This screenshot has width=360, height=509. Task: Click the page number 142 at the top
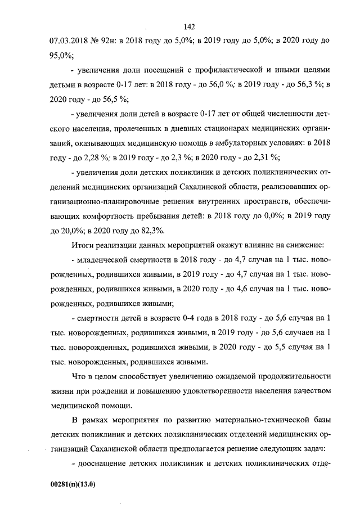tap(188, 26)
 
